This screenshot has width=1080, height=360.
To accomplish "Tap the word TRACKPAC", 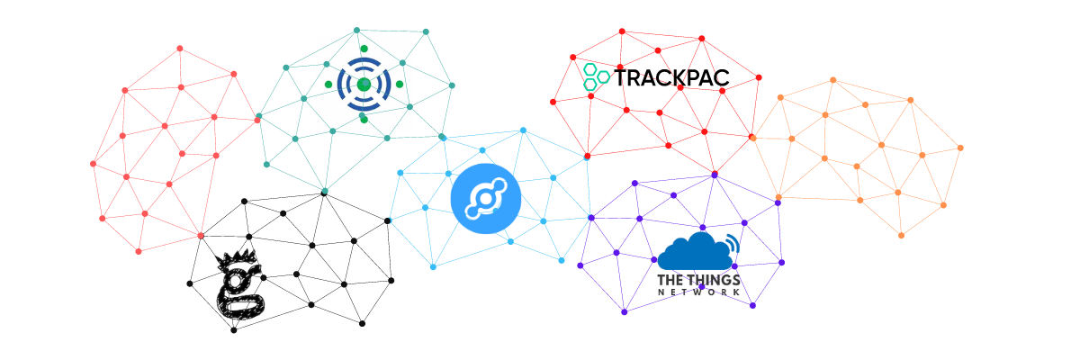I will [671, 78].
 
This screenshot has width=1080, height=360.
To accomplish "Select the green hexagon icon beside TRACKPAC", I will [595, 76].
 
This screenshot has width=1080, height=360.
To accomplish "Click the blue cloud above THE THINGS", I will [693, 252].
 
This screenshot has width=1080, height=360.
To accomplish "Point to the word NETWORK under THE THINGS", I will [699, 292].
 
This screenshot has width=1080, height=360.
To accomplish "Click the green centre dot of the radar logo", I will [364, 85].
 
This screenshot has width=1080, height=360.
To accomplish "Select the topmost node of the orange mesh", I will [832, 80].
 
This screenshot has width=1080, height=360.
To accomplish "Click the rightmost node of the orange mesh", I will [960, 148].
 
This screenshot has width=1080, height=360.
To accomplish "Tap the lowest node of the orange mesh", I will [901, 236].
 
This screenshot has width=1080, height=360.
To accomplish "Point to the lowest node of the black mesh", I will [234, 330].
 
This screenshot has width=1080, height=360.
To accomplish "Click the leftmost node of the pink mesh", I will [93, 164].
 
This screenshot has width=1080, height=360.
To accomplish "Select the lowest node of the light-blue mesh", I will [433, 266].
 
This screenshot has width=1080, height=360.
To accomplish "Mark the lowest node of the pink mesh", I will [139, 251].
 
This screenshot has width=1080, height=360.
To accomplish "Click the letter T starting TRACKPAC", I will [622, 78].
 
